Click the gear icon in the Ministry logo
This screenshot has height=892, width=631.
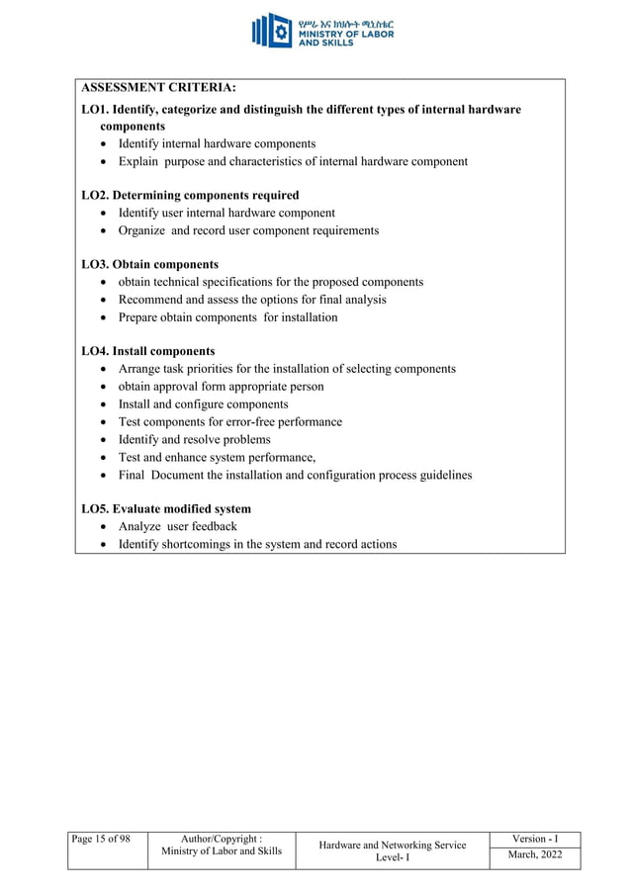pyautogui.click(x=280, y=31)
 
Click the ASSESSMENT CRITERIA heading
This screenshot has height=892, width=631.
pyautogui.click(x=158, y=89)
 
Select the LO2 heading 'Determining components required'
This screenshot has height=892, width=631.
pyautogui.click(x=190, y=195)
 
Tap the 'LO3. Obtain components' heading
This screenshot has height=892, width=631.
pyautogui.click(x=149, y=264)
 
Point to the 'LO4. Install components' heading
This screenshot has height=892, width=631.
pyautogui.click(x=147, y=351)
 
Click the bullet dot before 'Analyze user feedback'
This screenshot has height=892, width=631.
pyautogui.click(x=106, y=527)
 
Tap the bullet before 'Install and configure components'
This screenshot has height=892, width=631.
pyautogui.click(x=106, y=404)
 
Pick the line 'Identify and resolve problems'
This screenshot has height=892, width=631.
pyautogui.click(x=194, y=439)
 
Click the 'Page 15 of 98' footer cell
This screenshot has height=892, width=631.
pyautogui.click(x=101, y=840)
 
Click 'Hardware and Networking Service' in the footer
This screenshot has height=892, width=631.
pyautogui.click(x=393, y=846)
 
